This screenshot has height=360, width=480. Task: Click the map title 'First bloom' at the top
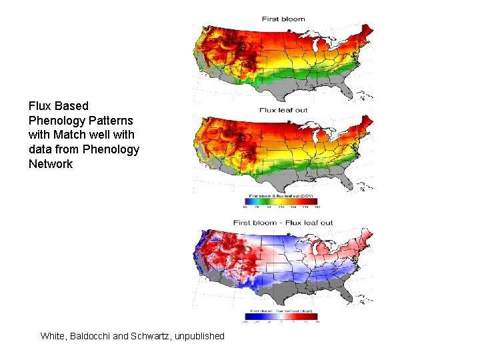(x=283, y=19)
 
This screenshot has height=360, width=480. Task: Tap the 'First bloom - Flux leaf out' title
(x=283, y=222)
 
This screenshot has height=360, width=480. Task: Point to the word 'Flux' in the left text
(x=39, y=106)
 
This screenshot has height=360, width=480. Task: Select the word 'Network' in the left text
(x=51, y=164)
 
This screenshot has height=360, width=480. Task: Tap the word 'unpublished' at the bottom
(x=197, y=336)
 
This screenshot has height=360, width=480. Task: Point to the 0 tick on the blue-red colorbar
(x=280, y=321)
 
